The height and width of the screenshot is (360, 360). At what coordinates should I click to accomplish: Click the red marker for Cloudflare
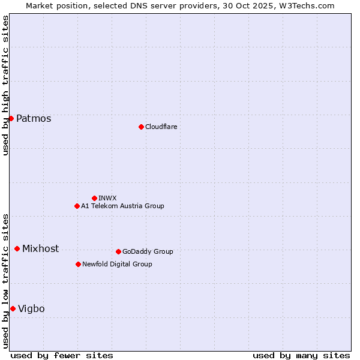point(141,127)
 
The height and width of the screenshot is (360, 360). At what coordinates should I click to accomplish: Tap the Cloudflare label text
point(161,127)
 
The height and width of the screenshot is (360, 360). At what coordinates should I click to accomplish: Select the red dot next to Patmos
point(11,118)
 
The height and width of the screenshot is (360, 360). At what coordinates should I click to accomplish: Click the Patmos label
point(34,118)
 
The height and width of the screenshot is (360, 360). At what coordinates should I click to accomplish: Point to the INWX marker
point(94,198)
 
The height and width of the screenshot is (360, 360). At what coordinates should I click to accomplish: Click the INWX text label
point(107,198)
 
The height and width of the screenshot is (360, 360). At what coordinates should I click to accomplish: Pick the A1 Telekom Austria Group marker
point(77,206)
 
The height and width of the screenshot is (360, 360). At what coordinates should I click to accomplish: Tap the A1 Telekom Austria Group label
point(122,206)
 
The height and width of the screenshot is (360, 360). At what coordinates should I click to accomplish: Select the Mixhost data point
point(17,248)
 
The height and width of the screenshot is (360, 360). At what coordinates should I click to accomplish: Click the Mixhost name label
point(40,248)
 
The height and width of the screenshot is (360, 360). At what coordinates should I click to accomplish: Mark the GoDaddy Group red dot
point(118,251)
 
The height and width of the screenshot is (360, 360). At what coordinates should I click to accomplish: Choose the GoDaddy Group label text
point(148,251)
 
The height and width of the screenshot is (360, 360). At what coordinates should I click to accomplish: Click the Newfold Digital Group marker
point(78,264)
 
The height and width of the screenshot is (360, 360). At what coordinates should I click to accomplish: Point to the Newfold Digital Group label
point(117,264)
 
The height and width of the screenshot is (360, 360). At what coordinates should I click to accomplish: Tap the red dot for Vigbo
point(13,308)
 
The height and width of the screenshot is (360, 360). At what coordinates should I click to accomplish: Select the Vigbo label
point(31,308)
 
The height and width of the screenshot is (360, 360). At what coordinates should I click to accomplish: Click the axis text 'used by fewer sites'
point(62,355)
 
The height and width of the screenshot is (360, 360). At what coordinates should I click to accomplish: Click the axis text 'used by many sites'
point(301,355)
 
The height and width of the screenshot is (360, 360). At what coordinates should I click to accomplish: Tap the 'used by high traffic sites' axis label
point(5,85)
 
